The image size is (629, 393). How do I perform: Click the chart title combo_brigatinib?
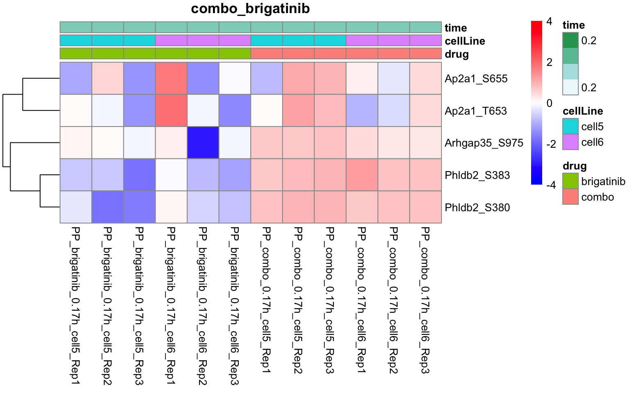(x=250, y=9)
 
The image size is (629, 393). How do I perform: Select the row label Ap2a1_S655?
(x=476, y=79)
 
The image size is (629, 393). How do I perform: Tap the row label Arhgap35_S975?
(x=484, y=143)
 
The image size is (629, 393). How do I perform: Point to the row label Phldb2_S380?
(x=477, y=208)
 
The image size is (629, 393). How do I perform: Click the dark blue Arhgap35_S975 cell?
(x=203, y=142)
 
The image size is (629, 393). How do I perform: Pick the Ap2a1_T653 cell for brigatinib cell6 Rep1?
(x=171, y=111)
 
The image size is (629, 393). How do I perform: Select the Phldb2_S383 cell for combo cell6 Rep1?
(x=362, y=175)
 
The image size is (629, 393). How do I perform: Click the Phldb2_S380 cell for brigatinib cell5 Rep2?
(x=108, y=207)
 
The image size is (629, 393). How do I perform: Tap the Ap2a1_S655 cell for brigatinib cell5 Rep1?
(x=76, y=78)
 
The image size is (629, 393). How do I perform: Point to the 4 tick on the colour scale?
(x=549, y=21)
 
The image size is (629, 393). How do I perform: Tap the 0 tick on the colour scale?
(x=549, y=103)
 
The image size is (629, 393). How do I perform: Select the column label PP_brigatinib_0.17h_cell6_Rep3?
(x=234, y=306)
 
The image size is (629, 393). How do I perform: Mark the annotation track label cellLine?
(x=465, y=41)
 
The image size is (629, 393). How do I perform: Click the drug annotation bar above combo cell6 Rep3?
(x=425, y=54)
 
